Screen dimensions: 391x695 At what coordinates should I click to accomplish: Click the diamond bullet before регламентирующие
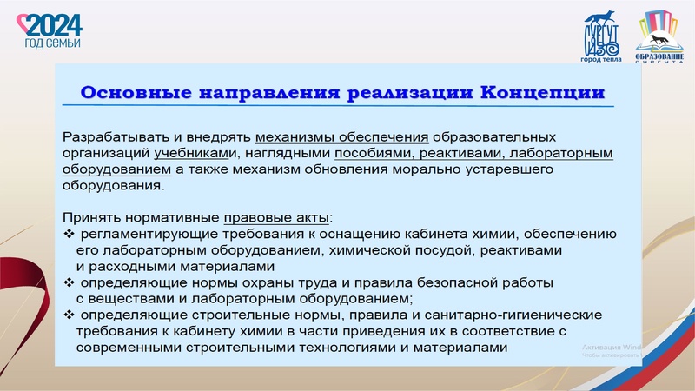(69, 234)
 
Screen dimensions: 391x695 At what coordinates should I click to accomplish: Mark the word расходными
(129, 266)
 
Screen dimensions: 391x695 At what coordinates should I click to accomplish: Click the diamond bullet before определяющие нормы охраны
(69, 282)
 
